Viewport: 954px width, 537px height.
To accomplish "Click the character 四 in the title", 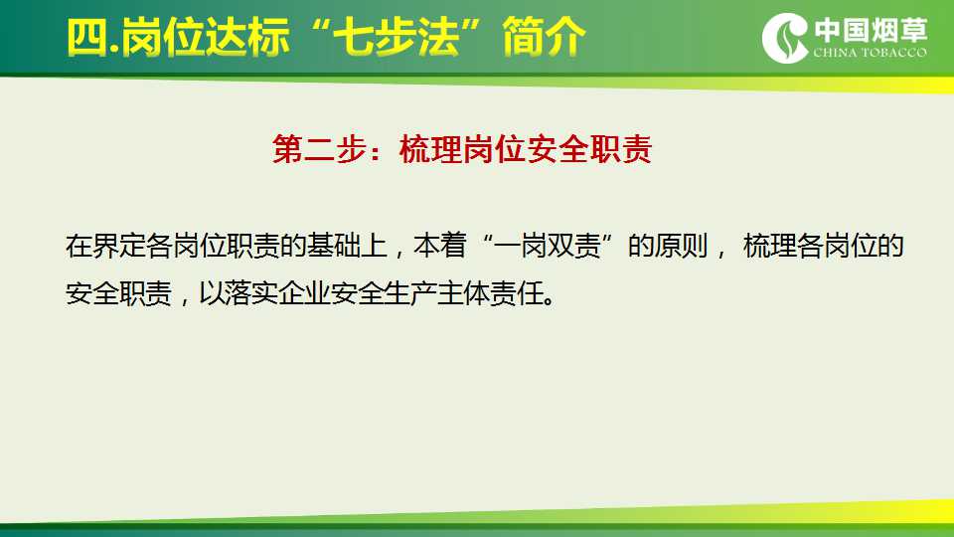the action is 87,38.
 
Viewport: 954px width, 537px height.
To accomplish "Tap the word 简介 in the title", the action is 545,38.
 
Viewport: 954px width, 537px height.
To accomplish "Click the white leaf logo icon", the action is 785,38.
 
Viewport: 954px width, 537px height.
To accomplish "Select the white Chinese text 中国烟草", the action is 872,30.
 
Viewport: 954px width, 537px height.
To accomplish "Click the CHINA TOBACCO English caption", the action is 871,53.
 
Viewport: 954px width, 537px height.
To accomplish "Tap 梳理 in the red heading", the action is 430,149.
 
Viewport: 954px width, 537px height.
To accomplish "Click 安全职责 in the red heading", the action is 589,149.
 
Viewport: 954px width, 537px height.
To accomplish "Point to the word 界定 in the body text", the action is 119,246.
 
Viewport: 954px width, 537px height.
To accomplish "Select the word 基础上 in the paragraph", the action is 347,246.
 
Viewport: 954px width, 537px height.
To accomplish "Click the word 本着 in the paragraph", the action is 440,246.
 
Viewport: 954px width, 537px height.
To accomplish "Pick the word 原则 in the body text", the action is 682,246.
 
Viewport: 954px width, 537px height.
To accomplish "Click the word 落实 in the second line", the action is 251,294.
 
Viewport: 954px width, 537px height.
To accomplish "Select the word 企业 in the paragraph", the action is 305,294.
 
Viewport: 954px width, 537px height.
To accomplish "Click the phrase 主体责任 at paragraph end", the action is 490,294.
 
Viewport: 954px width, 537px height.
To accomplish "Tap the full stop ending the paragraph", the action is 550,302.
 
